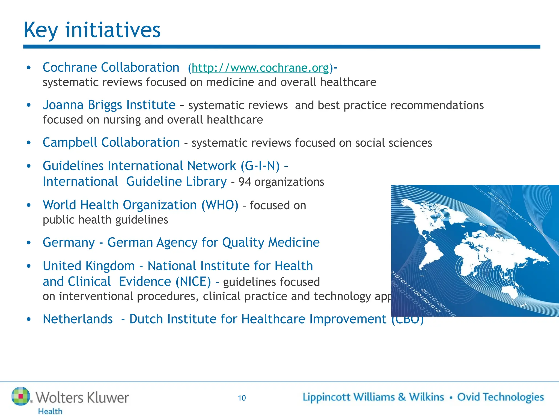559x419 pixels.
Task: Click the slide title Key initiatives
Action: (x=92, y=30)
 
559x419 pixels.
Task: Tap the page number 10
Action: (x=242, y=398)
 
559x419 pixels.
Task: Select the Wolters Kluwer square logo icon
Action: (x=21, y=396)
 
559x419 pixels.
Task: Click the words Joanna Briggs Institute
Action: (x=109, y=105)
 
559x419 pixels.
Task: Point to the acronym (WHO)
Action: (x=220, y=205)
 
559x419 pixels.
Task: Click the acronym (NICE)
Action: (x=193, y=282)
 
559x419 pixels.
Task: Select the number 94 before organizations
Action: (x=245, y=182)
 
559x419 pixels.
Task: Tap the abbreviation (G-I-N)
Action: (x=260, y=166)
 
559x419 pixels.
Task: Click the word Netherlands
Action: (x=78, y=319)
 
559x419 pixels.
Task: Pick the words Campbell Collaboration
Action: (x=111, y=143)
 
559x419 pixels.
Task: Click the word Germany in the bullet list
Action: (x=69, y=243)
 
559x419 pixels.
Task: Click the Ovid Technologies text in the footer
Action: (x=500, y=397)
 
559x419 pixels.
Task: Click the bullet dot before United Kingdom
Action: (x=29, y=266)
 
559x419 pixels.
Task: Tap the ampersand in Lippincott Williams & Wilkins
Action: (x=402, y=397)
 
